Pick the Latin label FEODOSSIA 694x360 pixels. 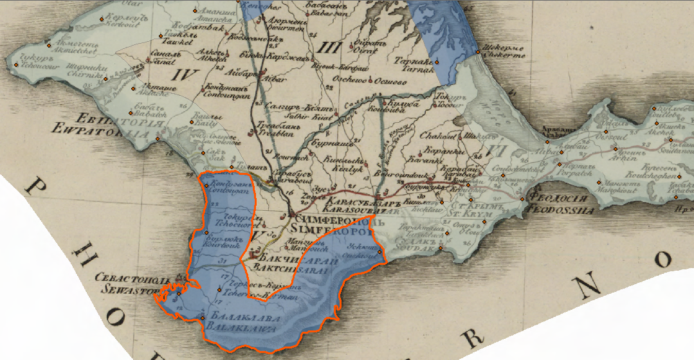tap(561, 210)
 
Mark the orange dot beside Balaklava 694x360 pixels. tap(203, 319)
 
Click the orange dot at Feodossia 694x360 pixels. tap(522, 199)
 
